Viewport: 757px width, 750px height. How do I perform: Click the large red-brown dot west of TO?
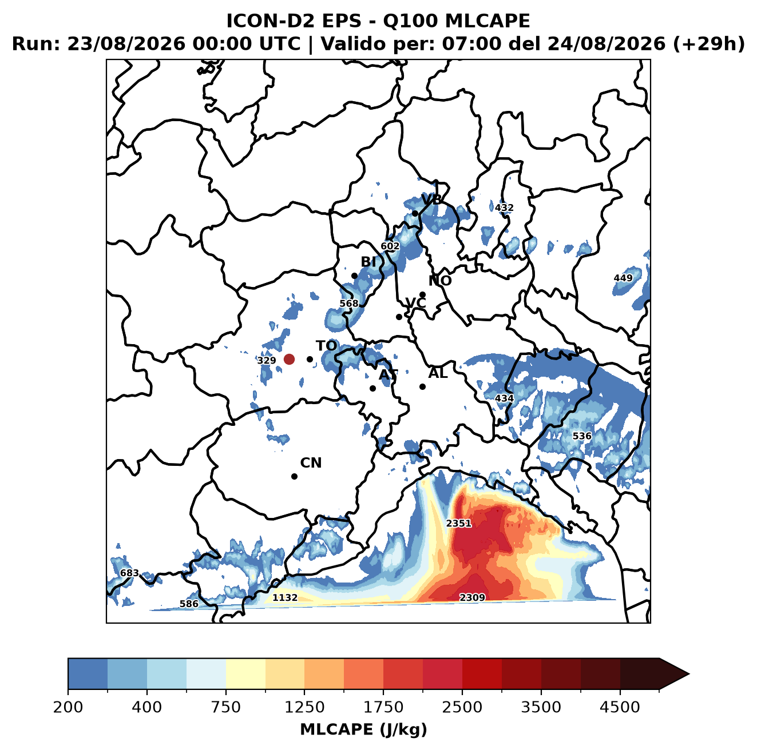[289, 359]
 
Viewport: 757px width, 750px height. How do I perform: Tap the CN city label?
[311, 463]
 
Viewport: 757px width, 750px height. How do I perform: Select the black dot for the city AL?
[422, 386]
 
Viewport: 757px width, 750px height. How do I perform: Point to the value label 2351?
[458, 523]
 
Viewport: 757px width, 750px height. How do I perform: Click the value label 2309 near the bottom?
[472, 597]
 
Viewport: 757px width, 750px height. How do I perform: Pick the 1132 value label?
[285, 597]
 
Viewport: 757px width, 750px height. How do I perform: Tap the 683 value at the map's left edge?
[129, 573]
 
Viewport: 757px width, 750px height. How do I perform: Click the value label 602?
[390, 246]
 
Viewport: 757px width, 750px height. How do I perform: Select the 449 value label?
[623, 278]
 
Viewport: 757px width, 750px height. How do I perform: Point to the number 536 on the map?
[582, 436]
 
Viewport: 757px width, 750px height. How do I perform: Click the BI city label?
[368, 262]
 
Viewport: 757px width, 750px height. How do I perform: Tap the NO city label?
[439, 281]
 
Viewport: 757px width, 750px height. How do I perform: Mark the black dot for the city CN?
[294, 476]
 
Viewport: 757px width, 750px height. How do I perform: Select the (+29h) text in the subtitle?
[709, 44]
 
